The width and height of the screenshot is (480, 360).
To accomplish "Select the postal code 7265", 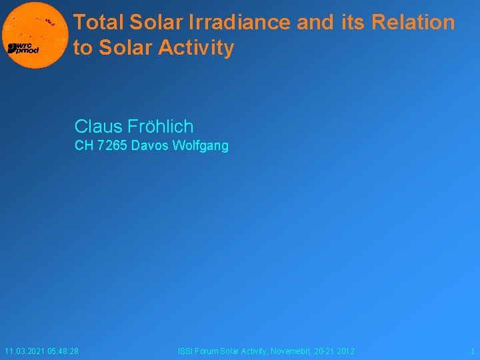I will [112, 146].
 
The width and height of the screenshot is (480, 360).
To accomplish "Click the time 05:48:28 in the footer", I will [63, 351].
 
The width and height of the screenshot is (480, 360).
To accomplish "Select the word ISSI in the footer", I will [185, 351].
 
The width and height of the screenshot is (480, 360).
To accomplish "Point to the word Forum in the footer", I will [209, 351].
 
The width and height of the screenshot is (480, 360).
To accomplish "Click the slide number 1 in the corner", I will [472, 351].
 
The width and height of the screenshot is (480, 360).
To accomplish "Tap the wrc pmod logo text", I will [23, 48].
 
